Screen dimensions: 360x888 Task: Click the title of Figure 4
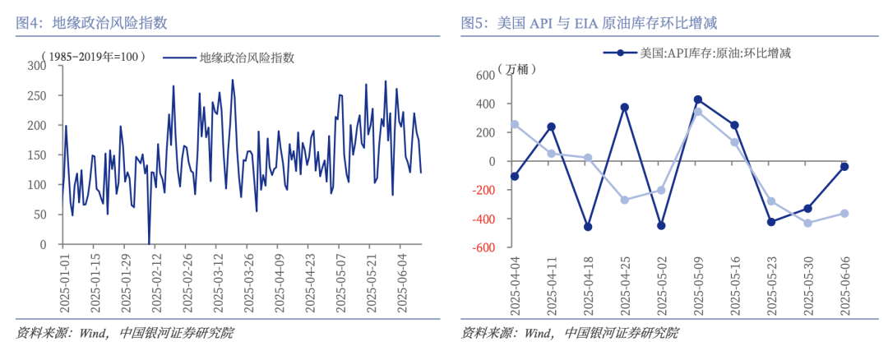click(92, 22)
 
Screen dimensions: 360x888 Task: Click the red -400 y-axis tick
click(482, 219)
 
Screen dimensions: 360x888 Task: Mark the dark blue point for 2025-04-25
click(625, 107)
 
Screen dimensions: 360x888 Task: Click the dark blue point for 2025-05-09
click(698, 99)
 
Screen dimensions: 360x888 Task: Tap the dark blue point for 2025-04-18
click(588, 227)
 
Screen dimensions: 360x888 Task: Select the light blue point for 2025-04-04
click(515, 124)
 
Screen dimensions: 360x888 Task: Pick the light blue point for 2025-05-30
click(808, 223)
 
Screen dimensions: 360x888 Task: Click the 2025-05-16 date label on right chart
click(734, 287)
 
